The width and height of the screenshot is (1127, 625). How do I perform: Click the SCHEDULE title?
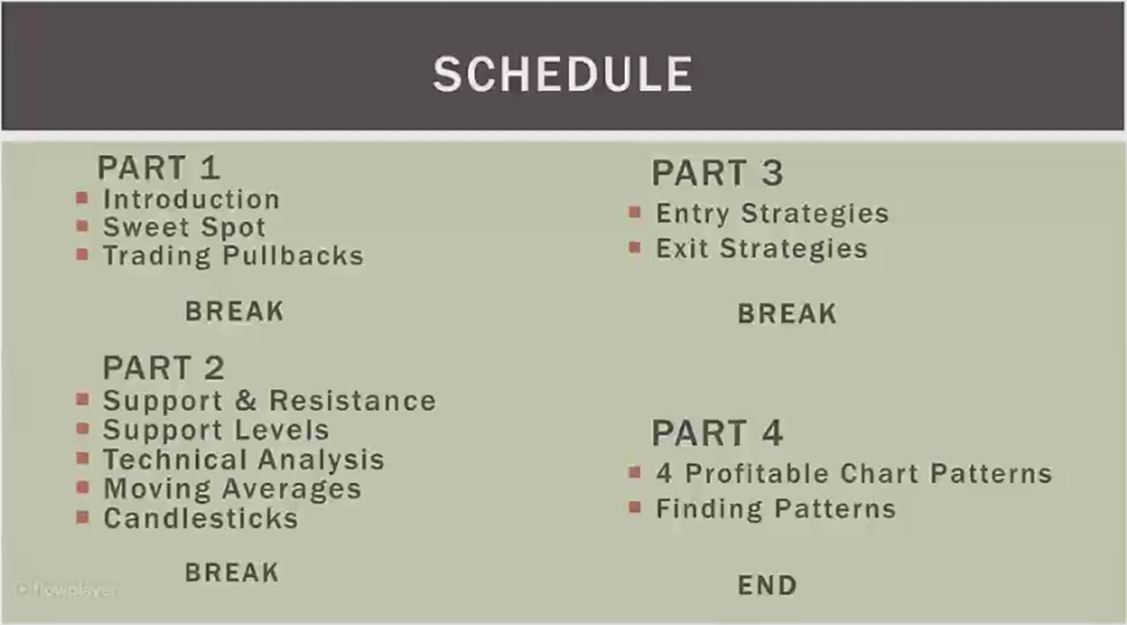point(563,74)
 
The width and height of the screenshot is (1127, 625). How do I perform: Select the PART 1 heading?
point(159,168)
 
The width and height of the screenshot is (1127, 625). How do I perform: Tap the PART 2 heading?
point(164,368)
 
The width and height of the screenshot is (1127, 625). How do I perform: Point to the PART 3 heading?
point(718,173)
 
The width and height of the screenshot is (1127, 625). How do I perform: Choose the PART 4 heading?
point(718,433)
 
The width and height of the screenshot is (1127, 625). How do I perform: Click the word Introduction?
point(191,199)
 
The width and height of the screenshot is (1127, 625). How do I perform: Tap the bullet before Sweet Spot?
point(83,226)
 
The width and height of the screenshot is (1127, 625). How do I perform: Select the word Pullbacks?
point(293,256)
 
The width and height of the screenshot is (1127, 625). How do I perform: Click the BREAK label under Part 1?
point(235,311)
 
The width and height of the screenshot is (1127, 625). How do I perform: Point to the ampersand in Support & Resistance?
point(246,401)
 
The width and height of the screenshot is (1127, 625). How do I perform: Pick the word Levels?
point(282,430)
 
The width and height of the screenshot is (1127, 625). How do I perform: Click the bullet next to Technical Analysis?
point(83,459)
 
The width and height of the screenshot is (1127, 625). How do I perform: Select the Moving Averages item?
point(232,489)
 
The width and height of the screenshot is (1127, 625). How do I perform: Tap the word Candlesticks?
point(200,519)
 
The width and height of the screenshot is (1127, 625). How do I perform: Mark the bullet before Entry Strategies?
point(635,213)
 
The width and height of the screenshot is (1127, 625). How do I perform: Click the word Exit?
point(682,249)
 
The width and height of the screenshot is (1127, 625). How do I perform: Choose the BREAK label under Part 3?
point(787,314)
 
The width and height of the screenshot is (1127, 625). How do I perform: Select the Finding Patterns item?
point(775,509)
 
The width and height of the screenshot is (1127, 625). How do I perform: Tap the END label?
point(768,585)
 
